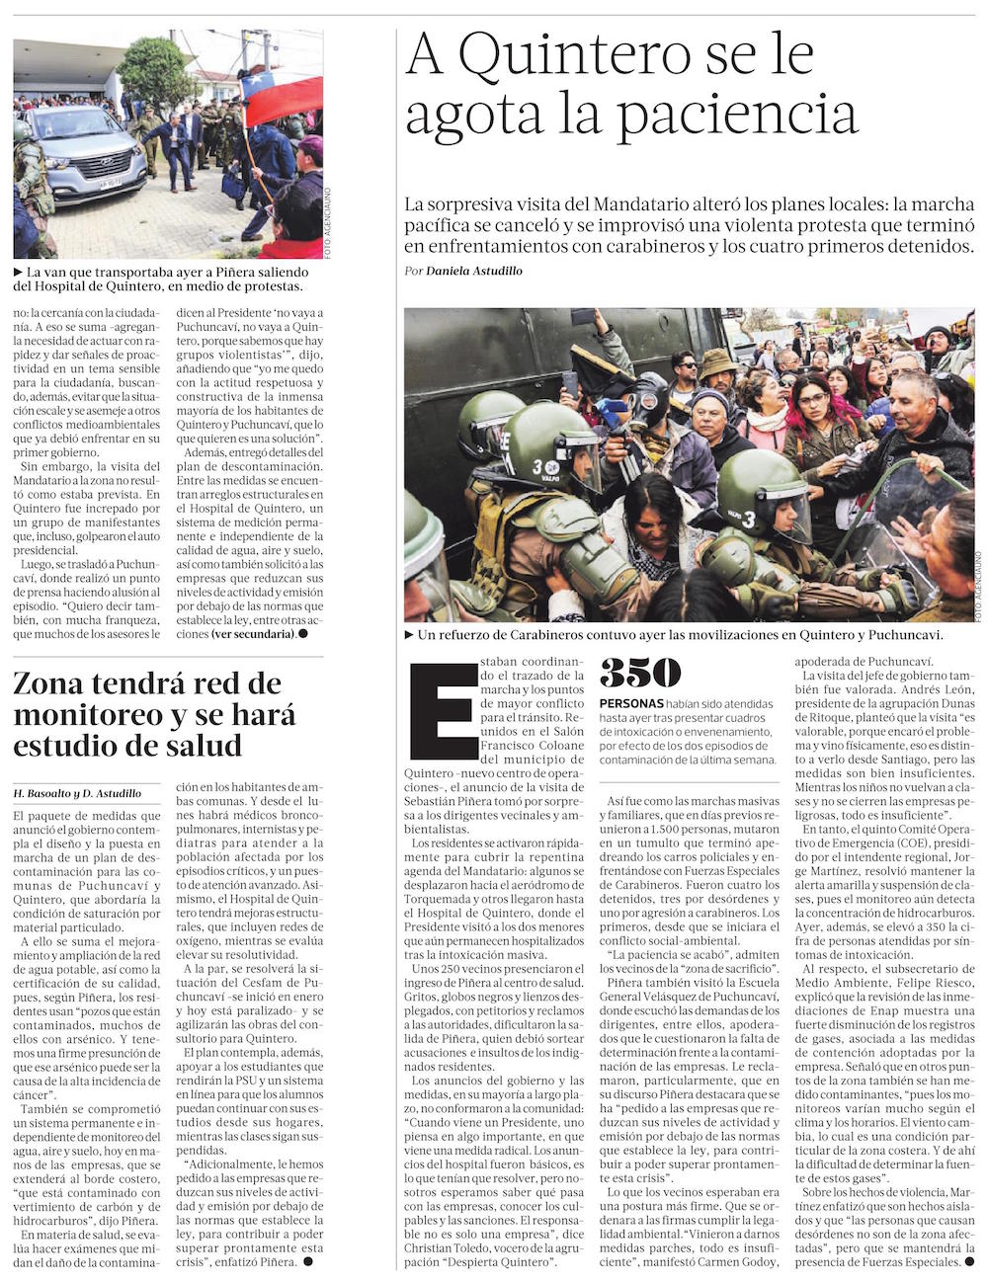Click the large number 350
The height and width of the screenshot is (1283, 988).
coord(640,673)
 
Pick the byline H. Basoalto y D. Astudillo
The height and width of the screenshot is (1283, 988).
coord(77,793)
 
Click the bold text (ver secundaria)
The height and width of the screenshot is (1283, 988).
coord(253,633)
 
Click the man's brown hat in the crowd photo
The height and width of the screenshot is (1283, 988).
coord(718,361)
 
